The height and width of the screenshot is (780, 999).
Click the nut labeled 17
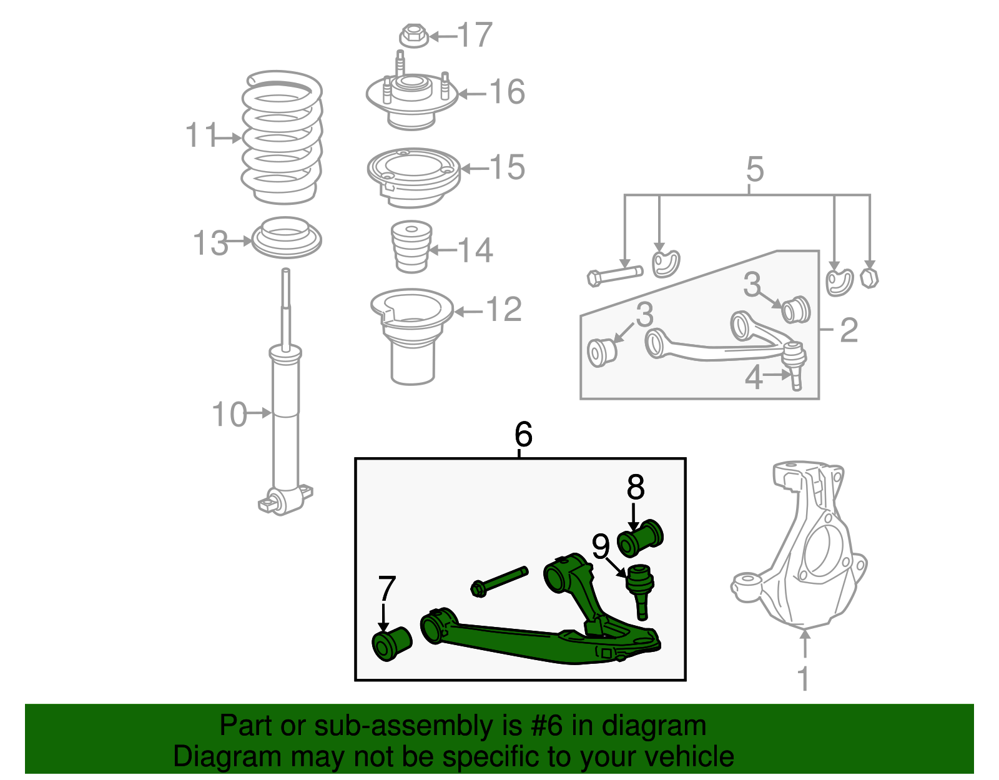tap(414, 36)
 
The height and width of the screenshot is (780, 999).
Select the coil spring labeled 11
tap(282, 137)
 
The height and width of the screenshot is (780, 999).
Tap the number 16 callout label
tap(506, 91)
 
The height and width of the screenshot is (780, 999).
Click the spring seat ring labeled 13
tap(287, 238)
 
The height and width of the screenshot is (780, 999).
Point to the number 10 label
tap(229, 414)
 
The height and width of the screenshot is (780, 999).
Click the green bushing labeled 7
tap(391, 643)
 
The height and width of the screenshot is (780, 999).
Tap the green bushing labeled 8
tap(639, 538)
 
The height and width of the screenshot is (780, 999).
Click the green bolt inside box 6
tap(499, 582)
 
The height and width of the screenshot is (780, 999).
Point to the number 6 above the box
tap(524, 434)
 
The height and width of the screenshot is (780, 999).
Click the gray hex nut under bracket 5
tap(869, 278)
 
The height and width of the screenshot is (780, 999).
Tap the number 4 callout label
tap(754, 378)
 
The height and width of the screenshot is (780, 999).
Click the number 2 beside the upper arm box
tap(849, 330)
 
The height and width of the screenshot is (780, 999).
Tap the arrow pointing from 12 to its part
tap(468, 312)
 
